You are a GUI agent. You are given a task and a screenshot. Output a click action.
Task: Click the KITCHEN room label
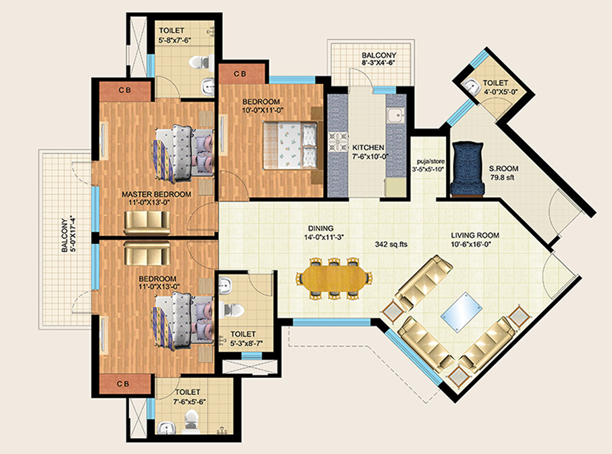click(368, 148)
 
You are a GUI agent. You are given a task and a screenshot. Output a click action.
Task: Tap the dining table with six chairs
click(334, 278)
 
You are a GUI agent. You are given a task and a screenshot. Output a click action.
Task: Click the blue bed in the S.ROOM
click(467, 169)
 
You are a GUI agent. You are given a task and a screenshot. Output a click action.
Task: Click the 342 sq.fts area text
click(391, 244)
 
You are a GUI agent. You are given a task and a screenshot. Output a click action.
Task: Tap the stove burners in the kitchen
click(338, 142)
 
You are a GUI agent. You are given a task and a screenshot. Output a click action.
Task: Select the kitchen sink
click(395, 115)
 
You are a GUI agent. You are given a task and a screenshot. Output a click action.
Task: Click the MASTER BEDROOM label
click(156, 194)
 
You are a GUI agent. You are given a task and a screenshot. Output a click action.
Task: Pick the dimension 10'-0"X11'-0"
click(263, 110)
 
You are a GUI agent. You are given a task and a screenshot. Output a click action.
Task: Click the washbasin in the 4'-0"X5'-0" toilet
click(471, 86)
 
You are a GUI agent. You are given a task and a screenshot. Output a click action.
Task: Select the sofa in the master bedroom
click(147, 223)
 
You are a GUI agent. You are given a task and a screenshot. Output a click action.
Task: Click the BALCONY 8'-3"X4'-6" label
click(379, 59)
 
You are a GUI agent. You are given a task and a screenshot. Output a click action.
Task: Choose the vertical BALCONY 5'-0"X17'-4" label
click(68, 235)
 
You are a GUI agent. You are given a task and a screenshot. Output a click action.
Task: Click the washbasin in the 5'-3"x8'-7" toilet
click(225, 285)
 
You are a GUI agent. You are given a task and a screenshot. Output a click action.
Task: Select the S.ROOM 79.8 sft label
click(503, 173)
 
